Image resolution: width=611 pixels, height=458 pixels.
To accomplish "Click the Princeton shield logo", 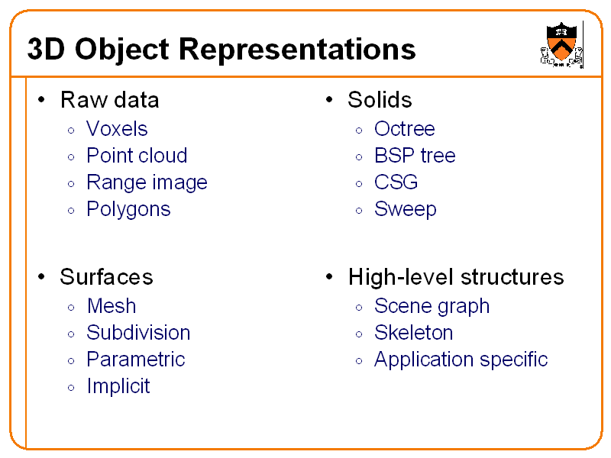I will tap(561, 44).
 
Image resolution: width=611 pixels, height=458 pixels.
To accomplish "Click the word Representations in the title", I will tap(298, 50).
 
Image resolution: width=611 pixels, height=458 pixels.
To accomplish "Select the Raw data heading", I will tap(109, 100).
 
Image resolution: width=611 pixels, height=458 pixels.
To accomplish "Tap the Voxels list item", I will tap(117, 129).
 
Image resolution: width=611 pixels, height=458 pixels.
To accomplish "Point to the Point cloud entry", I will tap(137, 156).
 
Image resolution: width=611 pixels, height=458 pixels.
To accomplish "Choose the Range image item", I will tap(147, 183).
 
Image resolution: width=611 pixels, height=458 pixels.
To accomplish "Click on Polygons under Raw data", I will tap(128, 210).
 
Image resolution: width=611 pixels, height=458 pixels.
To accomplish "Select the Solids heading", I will tap(380, 100).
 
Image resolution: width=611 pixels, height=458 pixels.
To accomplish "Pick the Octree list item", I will tap(404, 129).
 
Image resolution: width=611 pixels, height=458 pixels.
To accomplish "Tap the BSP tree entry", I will tap(415, 156).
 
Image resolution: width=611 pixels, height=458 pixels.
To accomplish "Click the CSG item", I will tap(396, 183).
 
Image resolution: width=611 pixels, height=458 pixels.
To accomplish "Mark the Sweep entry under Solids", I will tap(405, 210).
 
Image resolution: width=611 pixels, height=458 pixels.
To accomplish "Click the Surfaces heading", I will tap(106, 277).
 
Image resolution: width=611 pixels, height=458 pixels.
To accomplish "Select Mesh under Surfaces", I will tap(112, 306).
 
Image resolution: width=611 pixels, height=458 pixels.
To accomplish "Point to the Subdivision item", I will tap(138, 333).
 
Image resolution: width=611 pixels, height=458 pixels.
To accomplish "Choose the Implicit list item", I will tap(118, 386).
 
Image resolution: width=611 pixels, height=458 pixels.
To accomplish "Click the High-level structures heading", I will tap(455, 277).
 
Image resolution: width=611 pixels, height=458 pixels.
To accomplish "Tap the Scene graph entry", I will tap(432, 307).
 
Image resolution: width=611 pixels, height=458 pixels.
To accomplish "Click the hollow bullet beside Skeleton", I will tap(359, 334).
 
